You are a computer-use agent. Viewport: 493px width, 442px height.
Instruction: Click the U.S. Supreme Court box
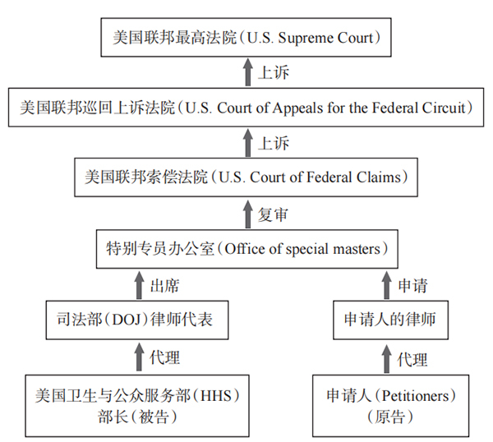[246, 38]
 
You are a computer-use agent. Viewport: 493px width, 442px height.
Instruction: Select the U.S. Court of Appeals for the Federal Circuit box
[246, 107]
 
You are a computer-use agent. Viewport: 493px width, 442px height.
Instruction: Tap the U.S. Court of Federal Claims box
[246, 176]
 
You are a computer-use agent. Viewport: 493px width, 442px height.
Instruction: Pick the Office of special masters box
[246, 246]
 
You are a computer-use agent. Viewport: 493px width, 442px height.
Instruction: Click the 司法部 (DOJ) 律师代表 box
[136, 319]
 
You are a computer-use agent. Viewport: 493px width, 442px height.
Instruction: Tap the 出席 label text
[164, 285]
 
